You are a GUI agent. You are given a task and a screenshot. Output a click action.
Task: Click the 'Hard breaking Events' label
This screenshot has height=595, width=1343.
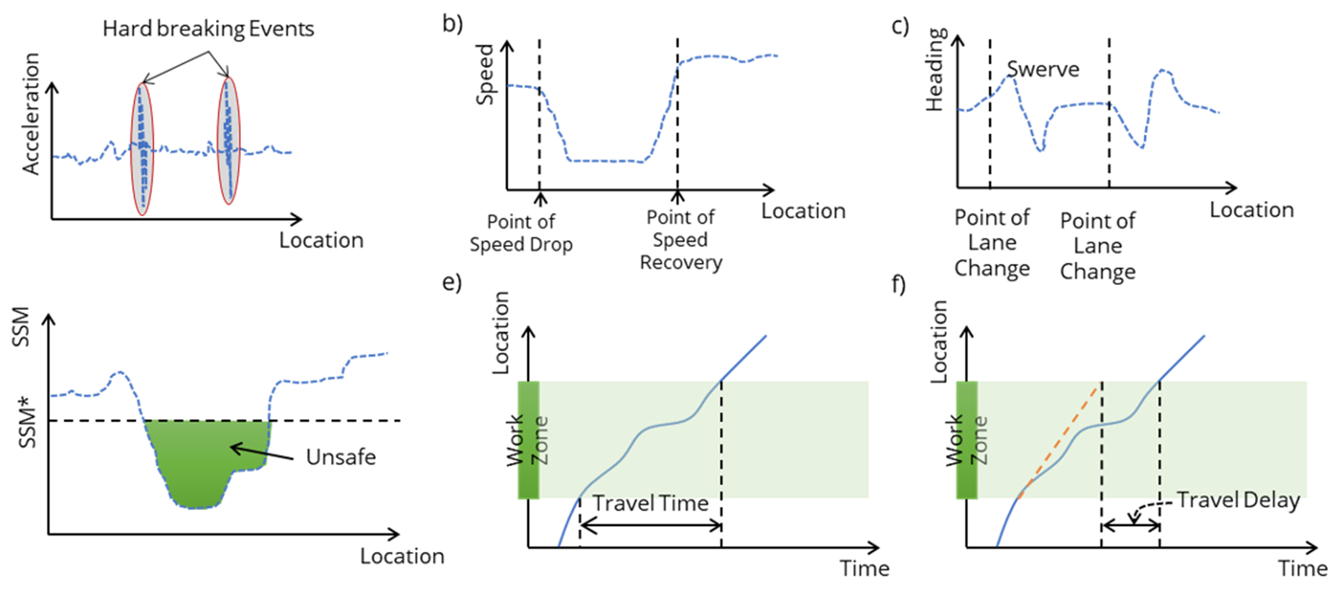point(208,29)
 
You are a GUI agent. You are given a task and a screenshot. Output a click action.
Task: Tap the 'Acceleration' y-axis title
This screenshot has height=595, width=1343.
point(30,114)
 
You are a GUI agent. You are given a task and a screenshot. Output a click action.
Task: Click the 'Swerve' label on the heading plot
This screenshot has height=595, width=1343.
point(1043,70)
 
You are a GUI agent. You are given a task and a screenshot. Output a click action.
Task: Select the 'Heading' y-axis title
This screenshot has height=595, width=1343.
point(937,70)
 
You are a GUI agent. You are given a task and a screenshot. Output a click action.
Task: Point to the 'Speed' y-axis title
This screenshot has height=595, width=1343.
point(485,74)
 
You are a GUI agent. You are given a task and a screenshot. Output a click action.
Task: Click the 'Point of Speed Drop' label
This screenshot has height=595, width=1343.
point(521,233)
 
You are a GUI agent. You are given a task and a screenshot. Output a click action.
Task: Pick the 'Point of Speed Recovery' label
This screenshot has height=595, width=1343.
point(681,240)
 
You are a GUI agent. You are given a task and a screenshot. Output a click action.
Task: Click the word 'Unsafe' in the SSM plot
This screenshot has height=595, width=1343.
point(341,457)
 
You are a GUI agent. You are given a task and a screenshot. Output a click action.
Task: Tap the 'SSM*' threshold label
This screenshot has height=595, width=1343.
point(27,428)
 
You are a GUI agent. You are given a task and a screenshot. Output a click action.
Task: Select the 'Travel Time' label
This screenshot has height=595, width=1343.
point(650,503)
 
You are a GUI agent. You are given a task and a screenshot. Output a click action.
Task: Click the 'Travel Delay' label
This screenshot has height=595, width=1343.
point(1238,500)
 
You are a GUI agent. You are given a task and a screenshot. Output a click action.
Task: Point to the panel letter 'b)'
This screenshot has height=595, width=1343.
point(452,23)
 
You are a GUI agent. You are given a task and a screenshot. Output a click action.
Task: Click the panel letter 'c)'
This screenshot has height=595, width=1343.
point(900,27)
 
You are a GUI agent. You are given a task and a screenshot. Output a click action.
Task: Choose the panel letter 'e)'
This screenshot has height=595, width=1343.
point(452,283)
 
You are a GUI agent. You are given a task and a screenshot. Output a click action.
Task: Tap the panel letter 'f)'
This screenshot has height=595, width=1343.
point(898,285)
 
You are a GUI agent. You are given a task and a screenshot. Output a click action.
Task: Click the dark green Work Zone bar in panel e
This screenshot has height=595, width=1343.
point(528,440)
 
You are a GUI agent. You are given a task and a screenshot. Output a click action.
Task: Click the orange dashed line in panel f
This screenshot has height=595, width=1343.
point(1061,440)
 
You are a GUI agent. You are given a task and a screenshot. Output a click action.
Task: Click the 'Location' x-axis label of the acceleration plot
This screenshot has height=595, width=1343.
point(321,240)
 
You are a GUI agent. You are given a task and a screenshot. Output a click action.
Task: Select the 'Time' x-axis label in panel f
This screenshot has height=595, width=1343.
point(1303,568)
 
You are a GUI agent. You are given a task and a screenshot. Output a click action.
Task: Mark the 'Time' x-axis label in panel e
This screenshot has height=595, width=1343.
point(864,568)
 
